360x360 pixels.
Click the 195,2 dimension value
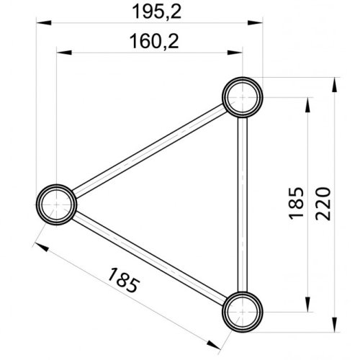pyautogui.click(x=157, y=12)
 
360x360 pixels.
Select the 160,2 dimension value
pyautogui.click(x=154, y=41)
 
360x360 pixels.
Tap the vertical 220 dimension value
pyautogui.click(x=323, y=204)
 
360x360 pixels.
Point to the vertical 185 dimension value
pyautogui.click(x=296, y=203)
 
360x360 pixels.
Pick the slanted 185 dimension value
pyautogui.click(x=123, y=280)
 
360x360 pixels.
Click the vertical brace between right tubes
pyautogui.click(x=243, y=204)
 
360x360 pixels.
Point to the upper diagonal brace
pyautogui.click(x=150, y=150)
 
